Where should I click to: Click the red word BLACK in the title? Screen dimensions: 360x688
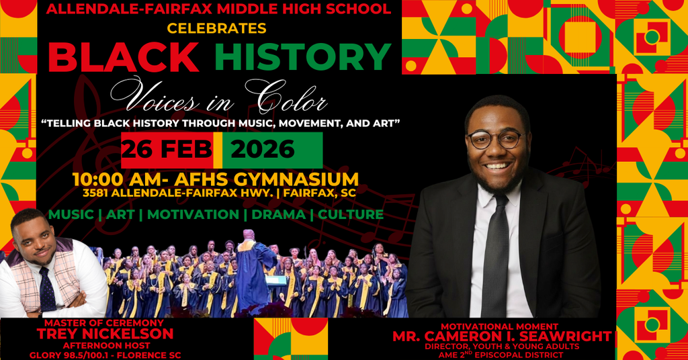point(124,57)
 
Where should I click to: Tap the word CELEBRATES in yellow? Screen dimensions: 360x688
point(217,29)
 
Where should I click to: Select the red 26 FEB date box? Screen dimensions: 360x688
point(167,149)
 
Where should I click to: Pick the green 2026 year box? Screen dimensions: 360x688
point(263,149)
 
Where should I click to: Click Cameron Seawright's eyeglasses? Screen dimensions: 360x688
point(496,139)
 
